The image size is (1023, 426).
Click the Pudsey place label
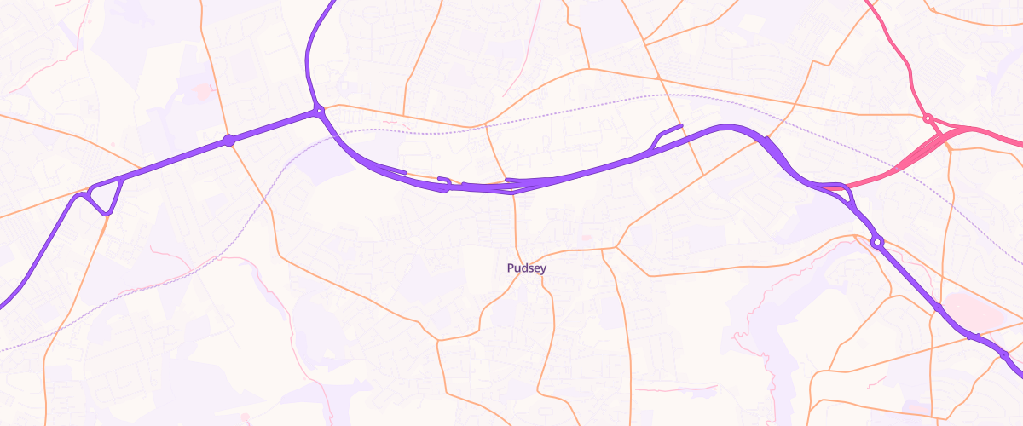click(x=526, y=268)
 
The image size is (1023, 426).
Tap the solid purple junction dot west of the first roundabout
click(x=228, y=140)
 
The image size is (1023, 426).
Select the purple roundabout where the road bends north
click(x=318, y=110)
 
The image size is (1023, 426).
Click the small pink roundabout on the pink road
click(x=928, y=118)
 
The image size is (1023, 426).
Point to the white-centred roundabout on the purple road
click(x=877, y=243)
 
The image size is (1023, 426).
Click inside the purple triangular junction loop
click(x=104, y=195)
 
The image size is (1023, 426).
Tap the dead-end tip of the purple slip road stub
click(x=681, y=127)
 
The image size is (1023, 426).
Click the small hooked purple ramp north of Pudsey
click(x=444, y=183)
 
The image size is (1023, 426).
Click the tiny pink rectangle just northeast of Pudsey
click(x=585, y=238)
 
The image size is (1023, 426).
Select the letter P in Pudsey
click(x=510, y=268)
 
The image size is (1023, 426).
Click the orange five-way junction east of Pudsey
click(x=616, y=248)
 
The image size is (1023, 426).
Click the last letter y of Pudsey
click(x=543, y=269)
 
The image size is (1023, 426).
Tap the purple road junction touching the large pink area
click(x=938, y=308)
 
